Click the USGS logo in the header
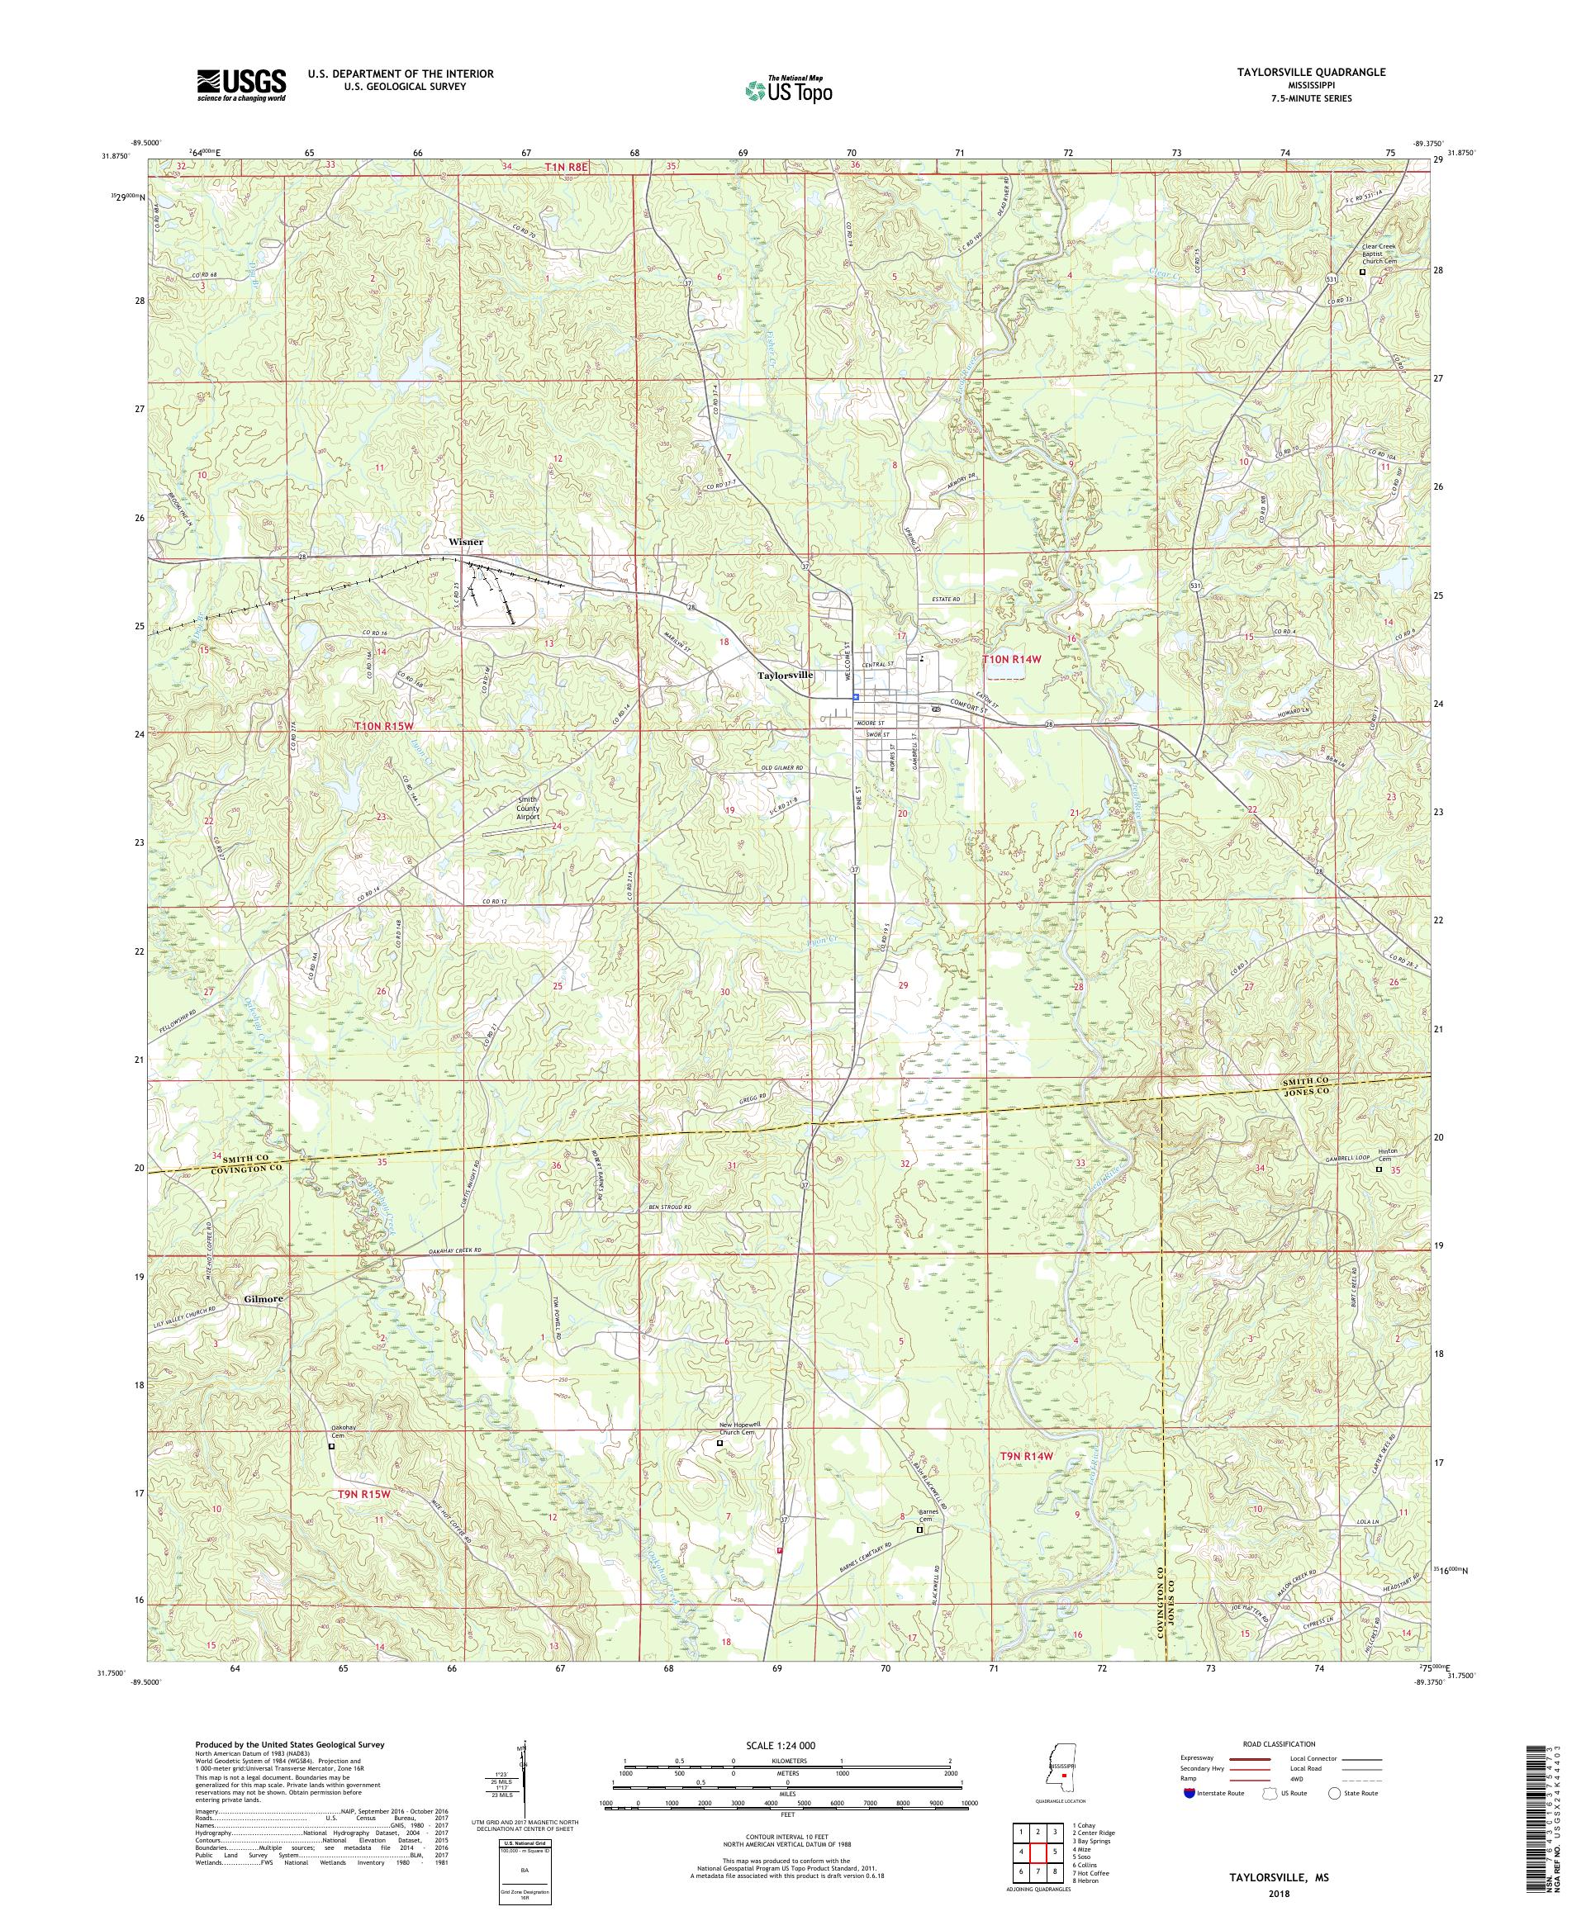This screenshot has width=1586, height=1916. point(241,86)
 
